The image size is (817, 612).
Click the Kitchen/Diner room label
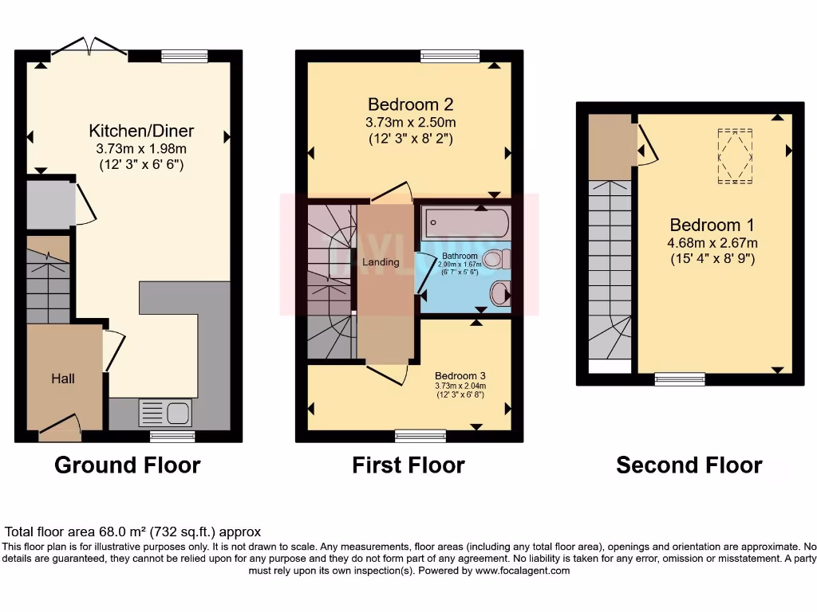141,131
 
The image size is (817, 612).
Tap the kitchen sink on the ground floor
165,414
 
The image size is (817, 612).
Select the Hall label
64,379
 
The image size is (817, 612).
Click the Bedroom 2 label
411,104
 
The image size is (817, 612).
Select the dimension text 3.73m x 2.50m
411,123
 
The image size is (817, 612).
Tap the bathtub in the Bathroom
464,222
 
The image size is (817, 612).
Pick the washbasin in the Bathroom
500,293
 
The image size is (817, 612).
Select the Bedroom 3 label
460,375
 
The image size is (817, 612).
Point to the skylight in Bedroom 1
735,156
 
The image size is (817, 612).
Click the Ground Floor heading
128,465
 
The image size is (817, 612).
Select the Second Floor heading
689,465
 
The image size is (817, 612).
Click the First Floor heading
408,465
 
